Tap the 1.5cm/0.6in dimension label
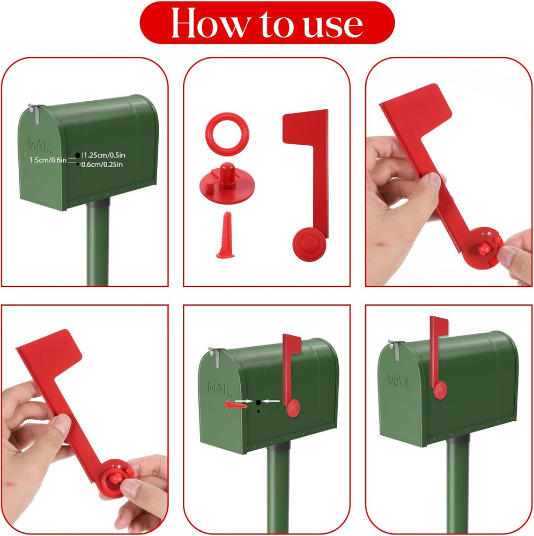pyautogui.click(x=47, y=160)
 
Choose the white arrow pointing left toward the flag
pyautogui.click(x=273, y=401)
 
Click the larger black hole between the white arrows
pyautogui.click(x=258, y=401)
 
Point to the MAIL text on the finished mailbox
pyautogui.click(x=399, y=381)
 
